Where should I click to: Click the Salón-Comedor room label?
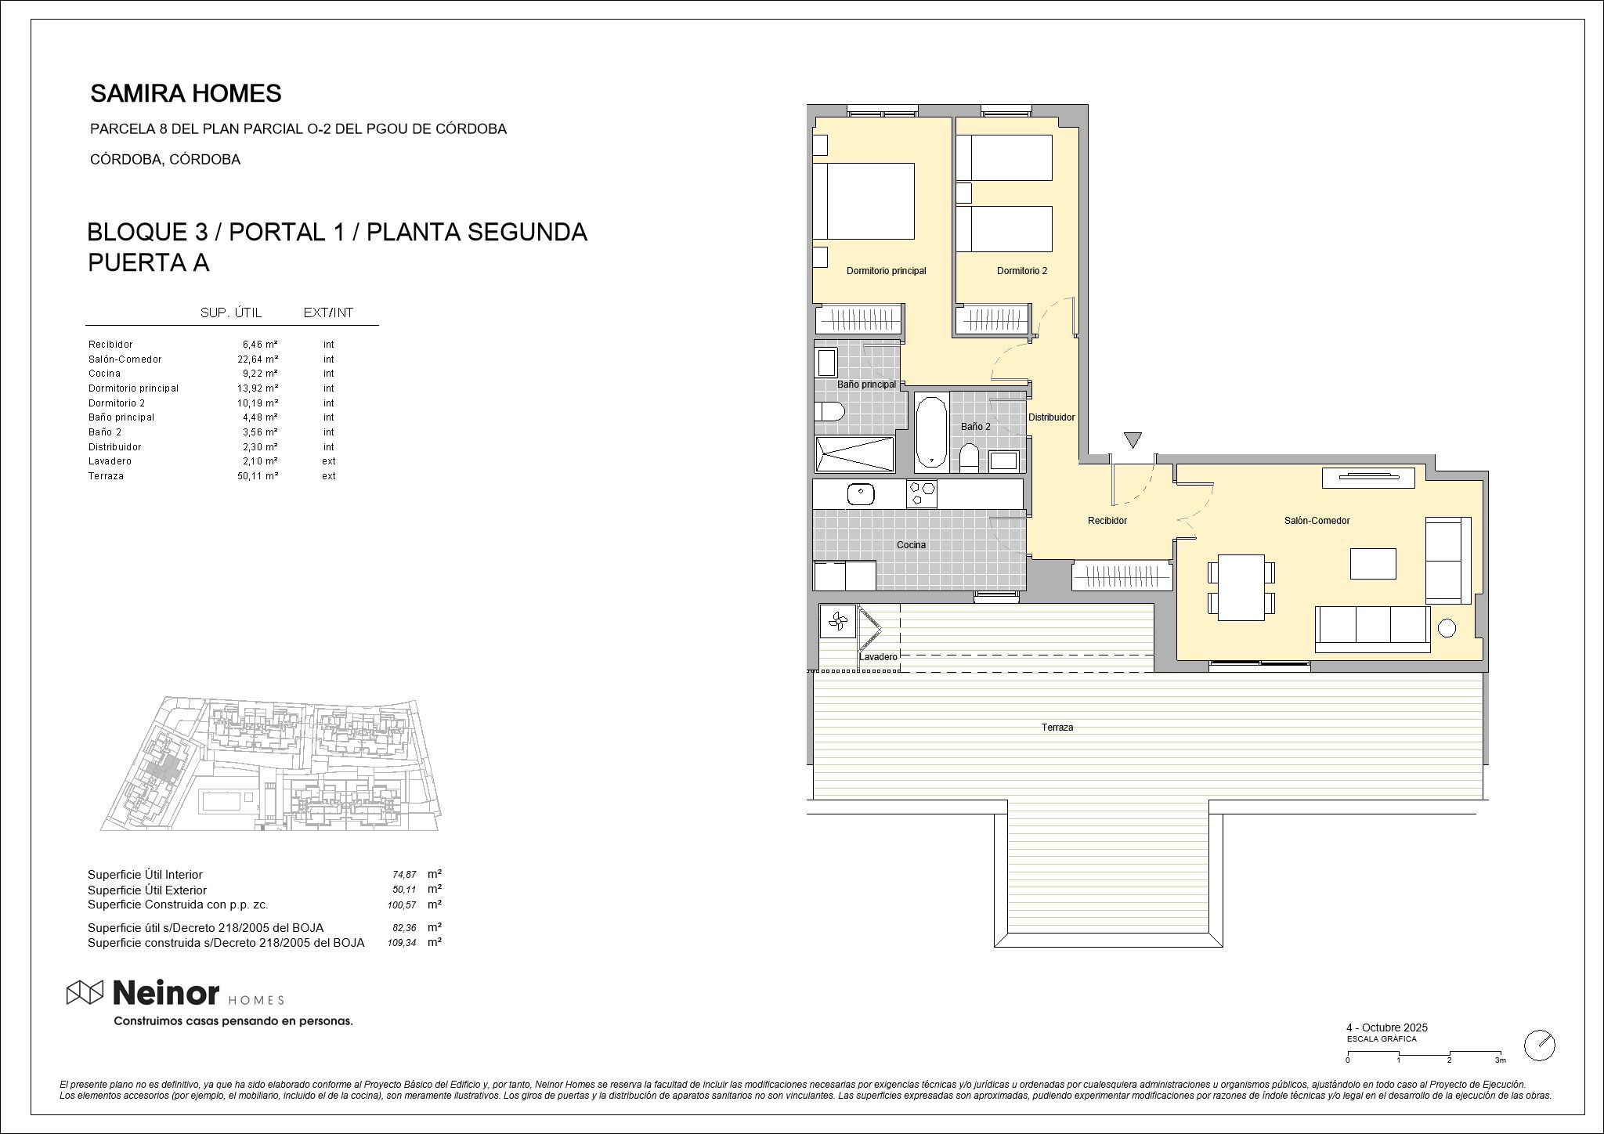click(x=1317, y=521)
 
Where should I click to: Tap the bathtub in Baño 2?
click(x=931, y=432)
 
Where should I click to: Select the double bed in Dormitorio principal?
click(x=864, y=201)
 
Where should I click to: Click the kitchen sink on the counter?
click(x=861, y=494)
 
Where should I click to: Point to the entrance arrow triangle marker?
click(x=1133, y=439)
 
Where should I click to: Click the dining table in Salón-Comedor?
click(x=1241, y=587)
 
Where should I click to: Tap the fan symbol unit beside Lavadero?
click(x=837, y=621)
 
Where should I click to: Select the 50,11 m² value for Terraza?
click(x=258, y=476)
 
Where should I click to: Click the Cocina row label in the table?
click(x=104, y=374)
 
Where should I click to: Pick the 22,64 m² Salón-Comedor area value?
click(x=258, y=359)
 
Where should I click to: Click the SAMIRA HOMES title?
click(x=186, y=94)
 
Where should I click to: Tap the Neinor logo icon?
click(x=85, y=992)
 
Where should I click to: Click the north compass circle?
click(x=1539, y=1045)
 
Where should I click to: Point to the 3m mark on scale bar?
click(x=1500, y=1060)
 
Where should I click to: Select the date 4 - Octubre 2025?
click(x=1386, y=1027)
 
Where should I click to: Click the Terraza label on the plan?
click(x=1057, y=728)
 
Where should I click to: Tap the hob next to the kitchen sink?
click(x=922, y=494)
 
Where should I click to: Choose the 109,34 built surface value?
click(x=402, y=944)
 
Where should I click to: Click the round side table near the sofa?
click(x=1447, y=627)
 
